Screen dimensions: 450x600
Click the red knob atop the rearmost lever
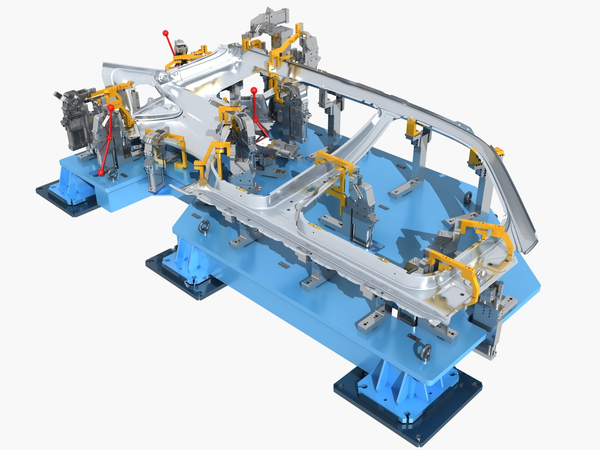[x=165, y=32]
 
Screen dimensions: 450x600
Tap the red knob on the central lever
[x=253, y=90]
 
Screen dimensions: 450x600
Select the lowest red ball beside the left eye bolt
[x=101, y=172]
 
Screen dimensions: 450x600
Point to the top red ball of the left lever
[x=110, y=107]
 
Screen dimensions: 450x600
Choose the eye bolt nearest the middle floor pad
[x=204, y=227]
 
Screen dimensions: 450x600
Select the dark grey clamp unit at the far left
[x=75, y=119]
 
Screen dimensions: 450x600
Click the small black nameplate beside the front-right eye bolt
[x=412, y=336]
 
